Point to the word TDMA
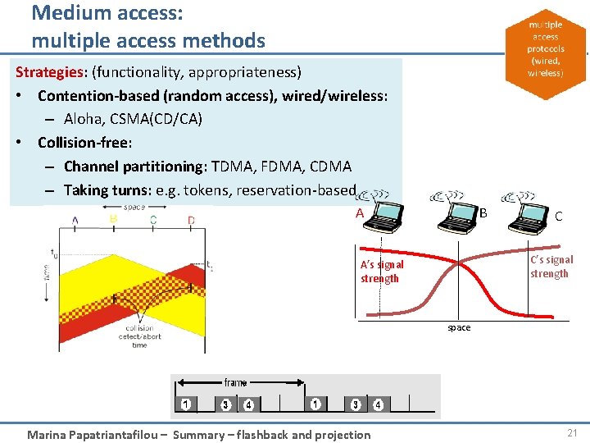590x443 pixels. (x=231, y=167)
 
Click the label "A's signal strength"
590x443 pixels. (x=382, y=272)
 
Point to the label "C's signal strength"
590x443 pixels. (x=551, y=267)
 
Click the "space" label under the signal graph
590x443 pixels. (x=459, y=327)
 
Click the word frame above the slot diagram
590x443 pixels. (x=235, y=382)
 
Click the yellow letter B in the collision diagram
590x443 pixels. (x=113, y=220)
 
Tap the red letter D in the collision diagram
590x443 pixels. (x=191, y=220)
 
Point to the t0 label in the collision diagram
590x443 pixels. (x=54, y=253)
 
